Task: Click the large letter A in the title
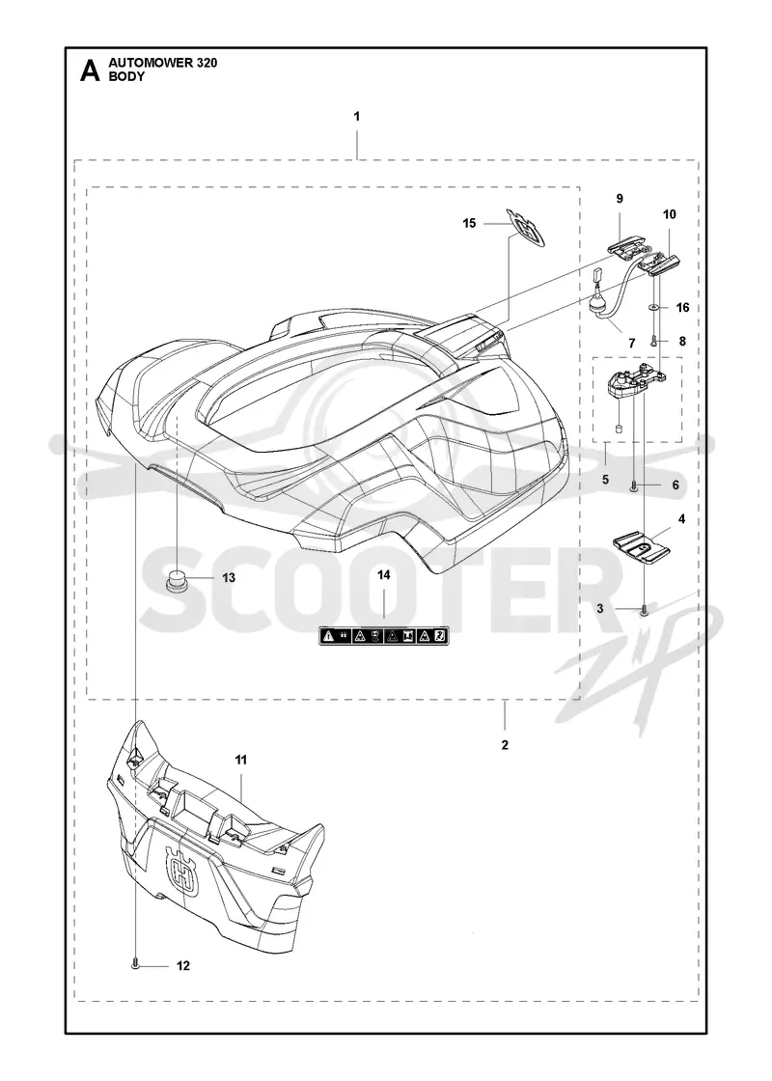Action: pyautogui.click(x=90, y=70)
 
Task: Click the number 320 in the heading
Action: pyautogui.click(x=204, y=63)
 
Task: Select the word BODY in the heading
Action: pyautogui.click(x=126, y=76)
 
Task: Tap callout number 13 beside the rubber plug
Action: pyautogui.click(x=228, y=577)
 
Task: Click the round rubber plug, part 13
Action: pyautogui.click(x=178, y=580)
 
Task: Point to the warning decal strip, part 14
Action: pyautogui.click(x=384, y=636)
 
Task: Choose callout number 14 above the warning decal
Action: pyautogui.click(x=383, y=575)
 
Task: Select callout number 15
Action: pyautogui.click(x=469, y=223)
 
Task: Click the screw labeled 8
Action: pyautogui.click(x=652, y=339)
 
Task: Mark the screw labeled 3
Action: pyautogui.click(x=644, y=609)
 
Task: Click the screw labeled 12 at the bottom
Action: pyautogui.click(x=136, y=966)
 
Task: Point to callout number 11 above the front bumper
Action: pyautogui.click(x=241, y=760)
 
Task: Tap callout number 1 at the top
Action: pyautogui.click(x=357, y=117)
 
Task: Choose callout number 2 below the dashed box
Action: pyautogui.click(x=506, y=744)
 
